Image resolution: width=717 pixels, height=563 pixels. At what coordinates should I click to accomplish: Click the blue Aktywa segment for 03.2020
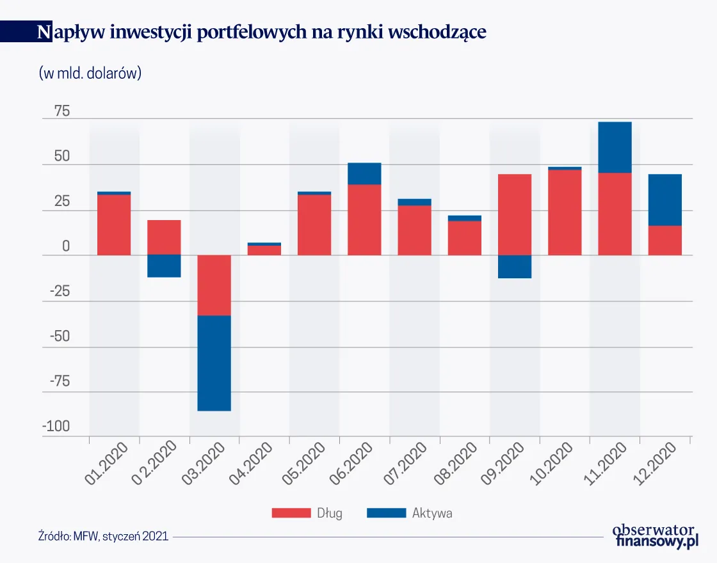coord(214,363)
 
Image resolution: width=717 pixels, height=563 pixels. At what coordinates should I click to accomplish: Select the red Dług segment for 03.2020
coord(214,285)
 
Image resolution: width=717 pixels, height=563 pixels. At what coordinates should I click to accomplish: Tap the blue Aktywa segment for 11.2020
coord(615,147)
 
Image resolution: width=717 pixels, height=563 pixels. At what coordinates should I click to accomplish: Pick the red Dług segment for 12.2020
coord(665,240)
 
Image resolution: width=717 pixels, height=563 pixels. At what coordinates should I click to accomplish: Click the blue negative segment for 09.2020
coord(515,266)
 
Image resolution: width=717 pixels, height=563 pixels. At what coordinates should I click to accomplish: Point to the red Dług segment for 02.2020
coord(164,237)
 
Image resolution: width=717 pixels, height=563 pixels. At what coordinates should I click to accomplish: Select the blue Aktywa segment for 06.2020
coord(364,173)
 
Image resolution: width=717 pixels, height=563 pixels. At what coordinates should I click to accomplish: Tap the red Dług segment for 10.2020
coord(565,212)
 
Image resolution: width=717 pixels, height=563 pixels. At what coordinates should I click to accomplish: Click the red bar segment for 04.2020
coord(264,250)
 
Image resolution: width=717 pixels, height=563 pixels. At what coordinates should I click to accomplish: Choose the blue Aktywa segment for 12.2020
coord(665,200)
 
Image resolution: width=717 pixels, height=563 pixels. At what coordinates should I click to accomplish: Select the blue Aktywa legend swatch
coord(386,512)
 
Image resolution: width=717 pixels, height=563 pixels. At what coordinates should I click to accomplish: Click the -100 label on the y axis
coord(56,427)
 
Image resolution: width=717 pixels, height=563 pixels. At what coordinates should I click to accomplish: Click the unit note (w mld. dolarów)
coord(90,73)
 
